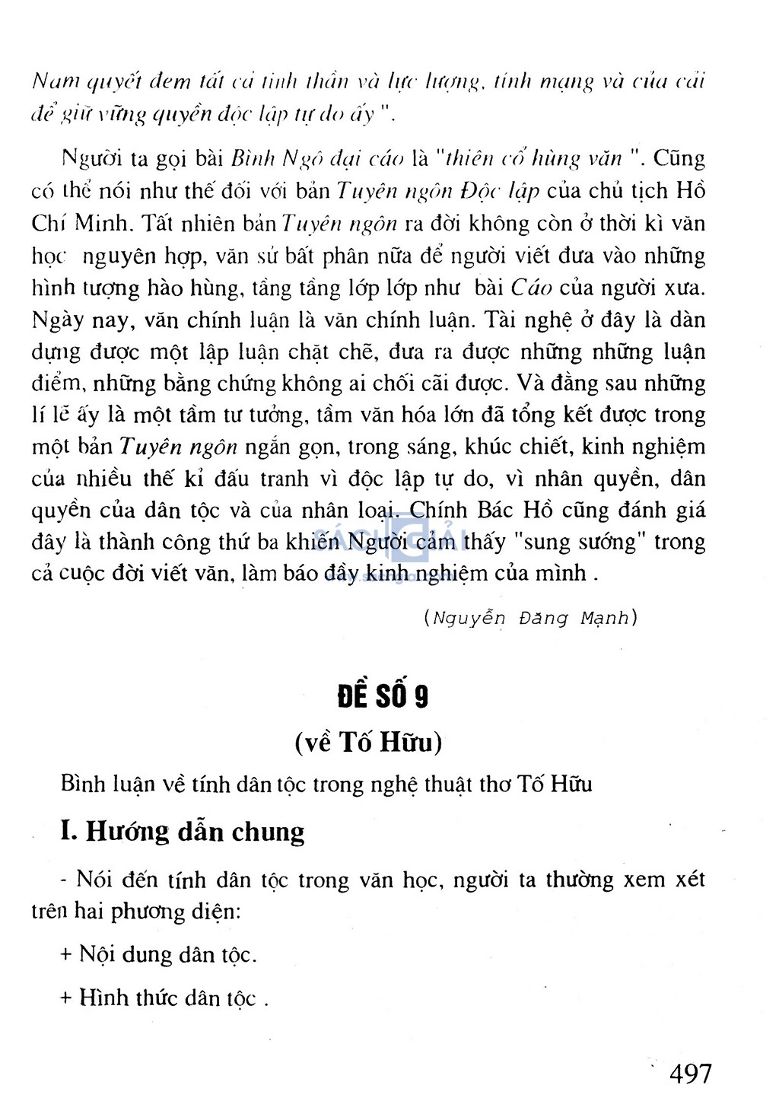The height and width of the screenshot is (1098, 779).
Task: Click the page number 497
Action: pyautogui.click(x=690, y=1073)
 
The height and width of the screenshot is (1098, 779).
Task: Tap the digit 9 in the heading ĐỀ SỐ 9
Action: pyautogui.click(x=420, y=696)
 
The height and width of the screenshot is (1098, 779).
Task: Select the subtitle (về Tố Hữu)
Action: pyautogui.click(x=368, y=742)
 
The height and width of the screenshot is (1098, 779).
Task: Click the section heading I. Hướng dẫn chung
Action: pyautogui.click(x=183, y=831)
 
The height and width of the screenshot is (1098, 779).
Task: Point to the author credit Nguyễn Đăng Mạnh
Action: pyautogui.click(x=531, y=618)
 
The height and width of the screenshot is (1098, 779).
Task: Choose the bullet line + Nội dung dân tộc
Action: pyautogui.click(x=159, y=954)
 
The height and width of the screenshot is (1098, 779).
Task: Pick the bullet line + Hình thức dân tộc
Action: pyautogui.click(x=164, y=998)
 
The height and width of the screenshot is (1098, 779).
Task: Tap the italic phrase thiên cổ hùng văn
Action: pyautogui.click(x=534, y=159)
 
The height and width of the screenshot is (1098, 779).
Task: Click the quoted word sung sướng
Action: pyautogui.click(x=583, y=542)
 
